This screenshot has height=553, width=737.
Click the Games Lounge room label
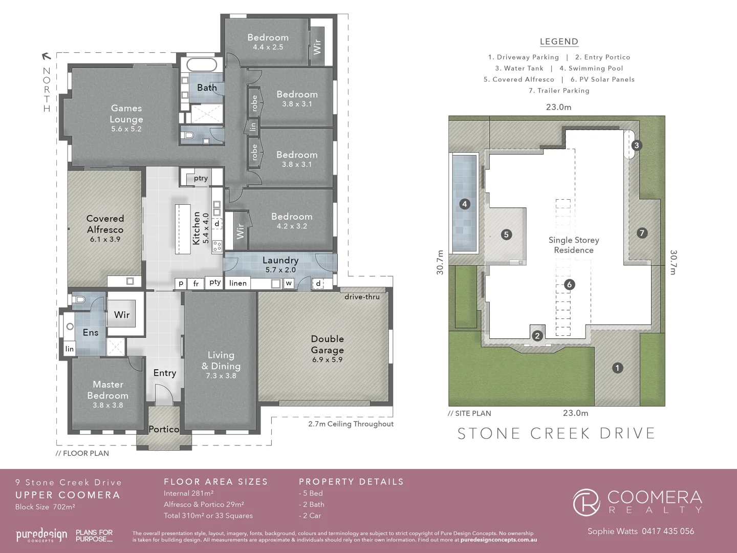[126, 114]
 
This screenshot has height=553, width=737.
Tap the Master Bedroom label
[108, 390]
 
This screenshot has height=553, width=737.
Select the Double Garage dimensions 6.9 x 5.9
[327, 360]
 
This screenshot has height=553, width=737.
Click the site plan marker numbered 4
[464, 204]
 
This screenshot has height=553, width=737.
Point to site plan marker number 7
[642, 233]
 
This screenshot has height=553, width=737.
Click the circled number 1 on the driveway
[617, 368]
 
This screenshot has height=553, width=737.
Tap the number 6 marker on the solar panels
[569, 285]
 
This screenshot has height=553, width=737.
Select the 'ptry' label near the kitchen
[201, 178]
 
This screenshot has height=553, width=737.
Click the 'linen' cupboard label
[238, 283]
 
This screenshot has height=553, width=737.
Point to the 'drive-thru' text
[362, 297]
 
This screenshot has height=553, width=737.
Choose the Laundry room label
[280, 261]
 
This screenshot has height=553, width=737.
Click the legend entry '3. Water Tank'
[519, 68]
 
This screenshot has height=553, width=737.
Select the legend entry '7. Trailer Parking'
[559, 91]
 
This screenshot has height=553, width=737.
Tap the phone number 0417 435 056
[667, 531]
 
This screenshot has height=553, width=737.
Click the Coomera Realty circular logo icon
[587, 502]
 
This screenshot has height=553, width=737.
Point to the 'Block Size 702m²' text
[45, 507]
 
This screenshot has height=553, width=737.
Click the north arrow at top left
[46, 56]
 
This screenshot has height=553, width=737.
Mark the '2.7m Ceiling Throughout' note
[351, 424]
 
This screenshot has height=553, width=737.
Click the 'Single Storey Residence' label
[573, 245]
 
